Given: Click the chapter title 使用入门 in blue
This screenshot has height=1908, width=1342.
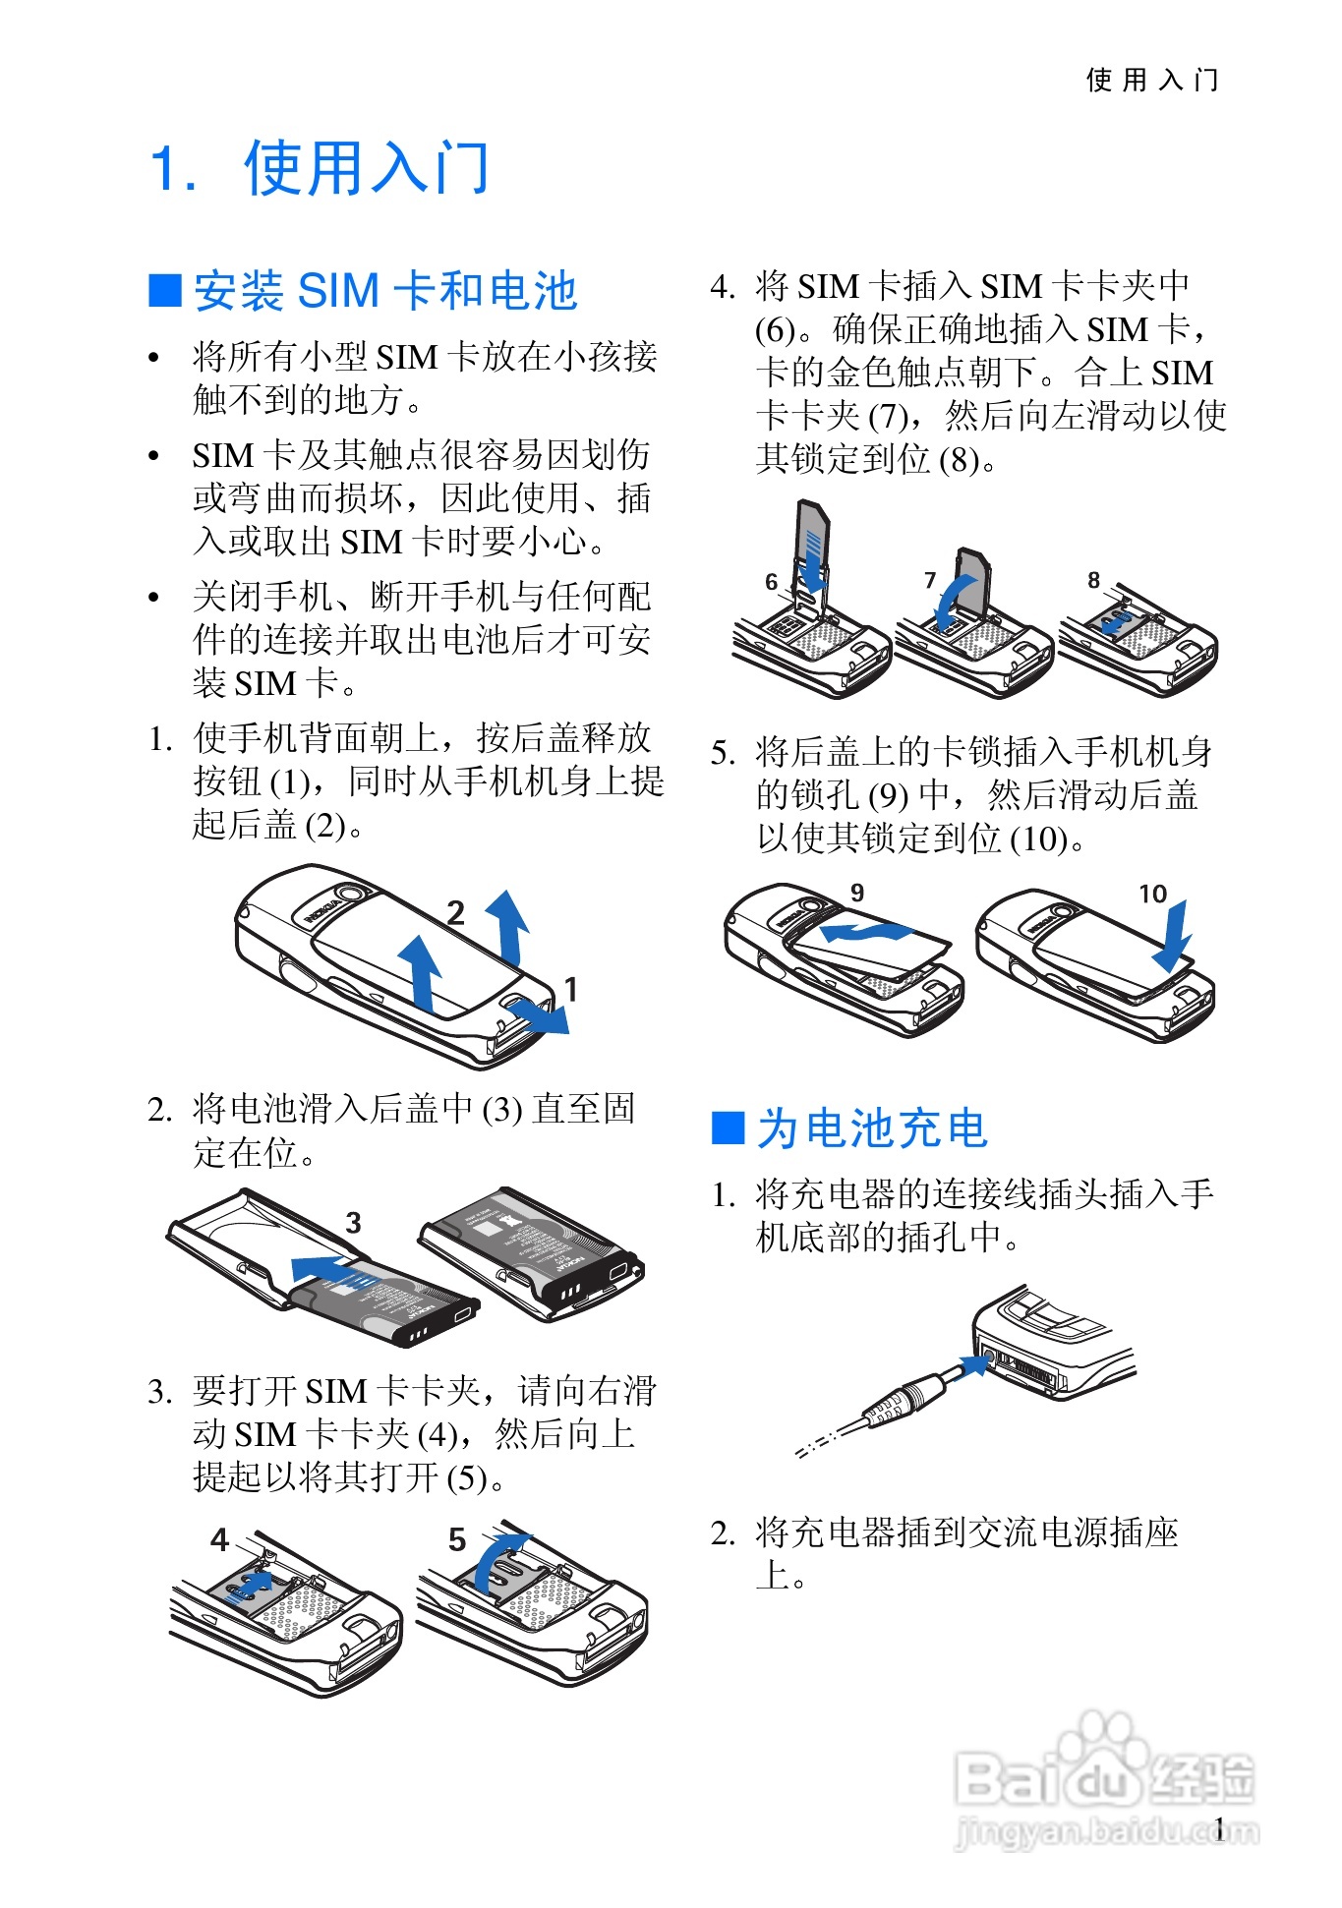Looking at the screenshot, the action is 366,168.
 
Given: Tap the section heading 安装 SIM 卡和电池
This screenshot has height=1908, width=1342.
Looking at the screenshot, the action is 384,291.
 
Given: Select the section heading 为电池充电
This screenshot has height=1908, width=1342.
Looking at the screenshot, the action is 871,1127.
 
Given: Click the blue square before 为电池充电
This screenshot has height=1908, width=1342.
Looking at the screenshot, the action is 728,1127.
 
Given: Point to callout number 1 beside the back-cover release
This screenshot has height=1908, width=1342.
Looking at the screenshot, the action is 570,989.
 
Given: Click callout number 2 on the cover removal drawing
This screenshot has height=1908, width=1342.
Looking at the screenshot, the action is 455,913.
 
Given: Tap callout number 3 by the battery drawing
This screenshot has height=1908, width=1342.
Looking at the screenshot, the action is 354,1223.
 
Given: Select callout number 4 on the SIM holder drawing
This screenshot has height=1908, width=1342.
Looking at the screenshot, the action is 220,1539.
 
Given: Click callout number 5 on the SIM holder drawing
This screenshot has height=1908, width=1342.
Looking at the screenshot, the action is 457,1539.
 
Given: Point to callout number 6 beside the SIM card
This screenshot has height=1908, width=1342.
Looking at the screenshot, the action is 772,583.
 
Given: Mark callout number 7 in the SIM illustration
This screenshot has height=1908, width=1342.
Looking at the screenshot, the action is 930,581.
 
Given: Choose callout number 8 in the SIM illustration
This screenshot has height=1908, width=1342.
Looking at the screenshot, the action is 1093,581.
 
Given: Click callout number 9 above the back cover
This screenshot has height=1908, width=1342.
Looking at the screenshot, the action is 857,893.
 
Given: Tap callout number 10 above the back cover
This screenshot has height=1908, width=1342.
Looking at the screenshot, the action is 1152,894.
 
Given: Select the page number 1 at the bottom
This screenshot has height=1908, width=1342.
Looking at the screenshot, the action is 1219,1828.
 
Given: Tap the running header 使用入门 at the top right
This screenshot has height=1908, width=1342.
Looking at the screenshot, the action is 1152,80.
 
